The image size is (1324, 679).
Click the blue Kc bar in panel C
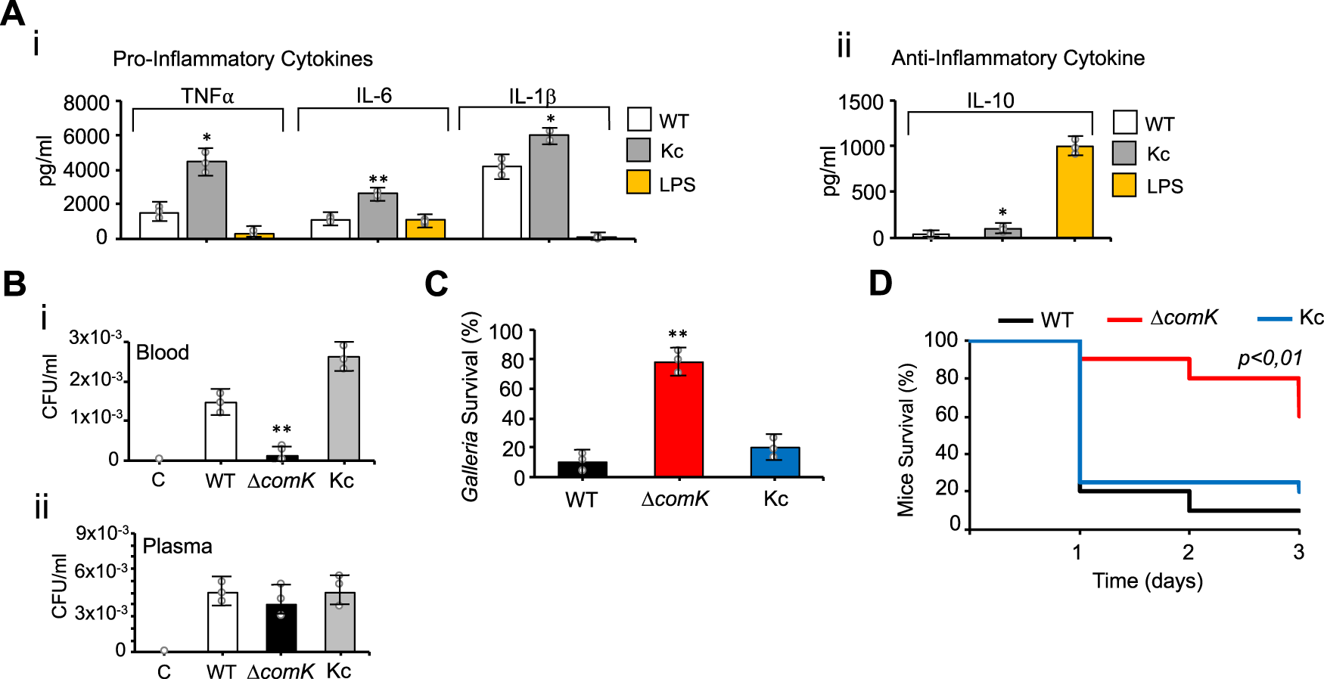775,462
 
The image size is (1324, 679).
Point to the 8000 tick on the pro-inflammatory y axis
86,103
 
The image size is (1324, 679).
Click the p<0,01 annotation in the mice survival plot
1270,358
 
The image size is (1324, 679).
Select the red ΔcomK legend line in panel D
1124,320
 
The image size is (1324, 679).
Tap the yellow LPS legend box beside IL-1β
639,182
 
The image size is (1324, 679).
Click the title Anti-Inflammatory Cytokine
1018,58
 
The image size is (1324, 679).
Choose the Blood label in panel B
163,352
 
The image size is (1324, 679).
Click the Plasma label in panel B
177,546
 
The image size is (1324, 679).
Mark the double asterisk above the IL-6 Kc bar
378,180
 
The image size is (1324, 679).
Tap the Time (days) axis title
1147,581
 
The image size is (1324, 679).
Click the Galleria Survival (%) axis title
471,407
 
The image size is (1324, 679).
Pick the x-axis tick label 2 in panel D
1189,553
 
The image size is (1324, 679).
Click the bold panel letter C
437,284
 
